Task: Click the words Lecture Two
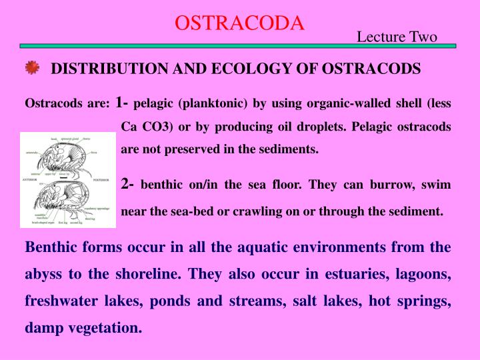397,37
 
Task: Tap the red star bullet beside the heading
32,68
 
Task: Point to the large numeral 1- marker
123,103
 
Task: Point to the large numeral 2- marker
129,183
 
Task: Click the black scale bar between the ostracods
63,179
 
